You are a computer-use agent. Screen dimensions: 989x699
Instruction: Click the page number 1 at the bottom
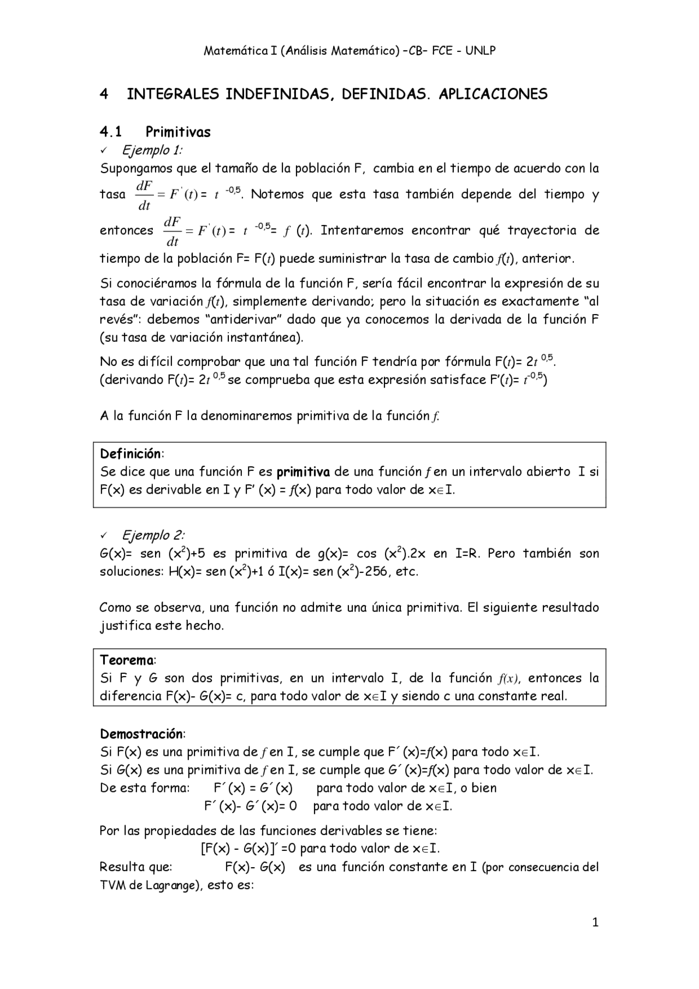tap(595, 922)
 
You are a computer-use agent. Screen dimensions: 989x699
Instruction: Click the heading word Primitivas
tap(178, 132)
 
